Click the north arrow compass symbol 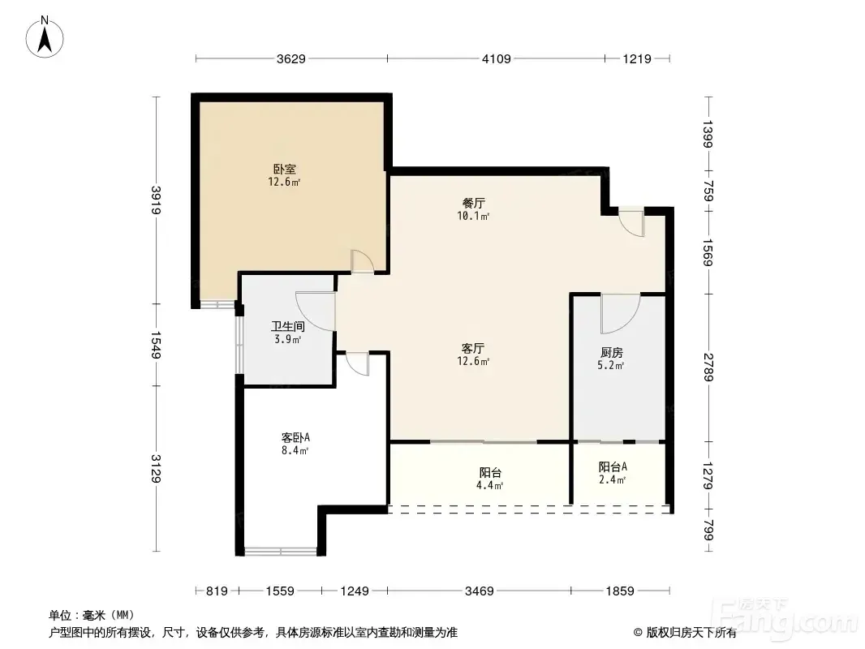45,37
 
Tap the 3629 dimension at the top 290,59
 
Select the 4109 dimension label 497,59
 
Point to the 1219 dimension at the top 637,59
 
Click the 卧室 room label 285,170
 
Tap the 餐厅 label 473,204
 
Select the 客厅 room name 473,349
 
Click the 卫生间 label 288,326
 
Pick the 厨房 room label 611,352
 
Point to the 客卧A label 295,438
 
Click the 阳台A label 613,467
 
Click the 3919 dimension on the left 157,200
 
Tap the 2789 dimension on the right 709,367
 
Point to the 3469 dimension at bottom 479,591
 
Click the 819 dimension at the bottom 217,591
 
